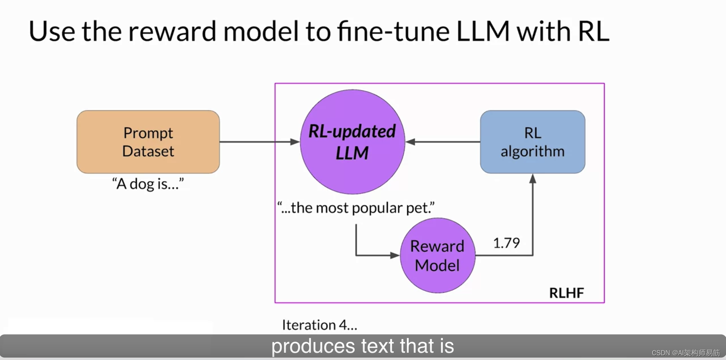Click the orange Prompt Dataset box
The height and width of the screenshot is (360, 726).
(148, 142)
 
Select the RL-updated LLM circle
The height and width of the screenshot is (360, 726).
(352, 142)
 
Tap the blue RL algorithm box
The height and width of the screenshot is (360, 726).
(533, 142)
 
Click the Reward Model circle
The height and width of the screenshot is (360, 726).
(437, 255)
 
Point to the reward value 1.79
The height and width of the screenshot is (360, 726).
(506, 243)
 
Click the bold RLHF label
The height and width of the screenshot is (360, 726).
(566, 293)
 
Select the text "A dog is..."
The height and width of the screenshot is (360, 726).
(148, 184)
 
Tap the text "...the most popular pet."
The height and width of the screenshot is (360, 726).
(356, 208)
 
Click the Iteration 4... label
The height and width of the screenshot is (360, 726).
(319, 325)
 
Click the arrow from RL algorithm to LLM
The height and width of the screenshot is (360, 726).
(443, 142)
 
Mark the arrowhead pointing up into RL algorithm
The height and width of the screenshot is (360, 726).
(533, 179)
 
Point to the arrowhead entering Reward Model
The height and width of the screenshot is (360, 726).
(395, 255)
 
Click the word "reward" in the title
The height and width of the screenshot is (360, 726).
(172, 32)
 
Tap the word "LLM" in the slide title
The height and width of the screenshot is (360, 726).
(483, 32)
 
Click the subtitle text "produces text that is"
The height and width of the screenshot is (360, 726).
(363, 346)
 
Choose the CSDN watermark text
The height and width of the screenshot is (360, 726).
(685, 353)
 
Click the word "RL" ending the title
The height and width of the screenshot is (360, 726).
(593, 32)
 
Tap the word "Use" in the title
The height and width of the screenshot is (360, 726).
(52, 32)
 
